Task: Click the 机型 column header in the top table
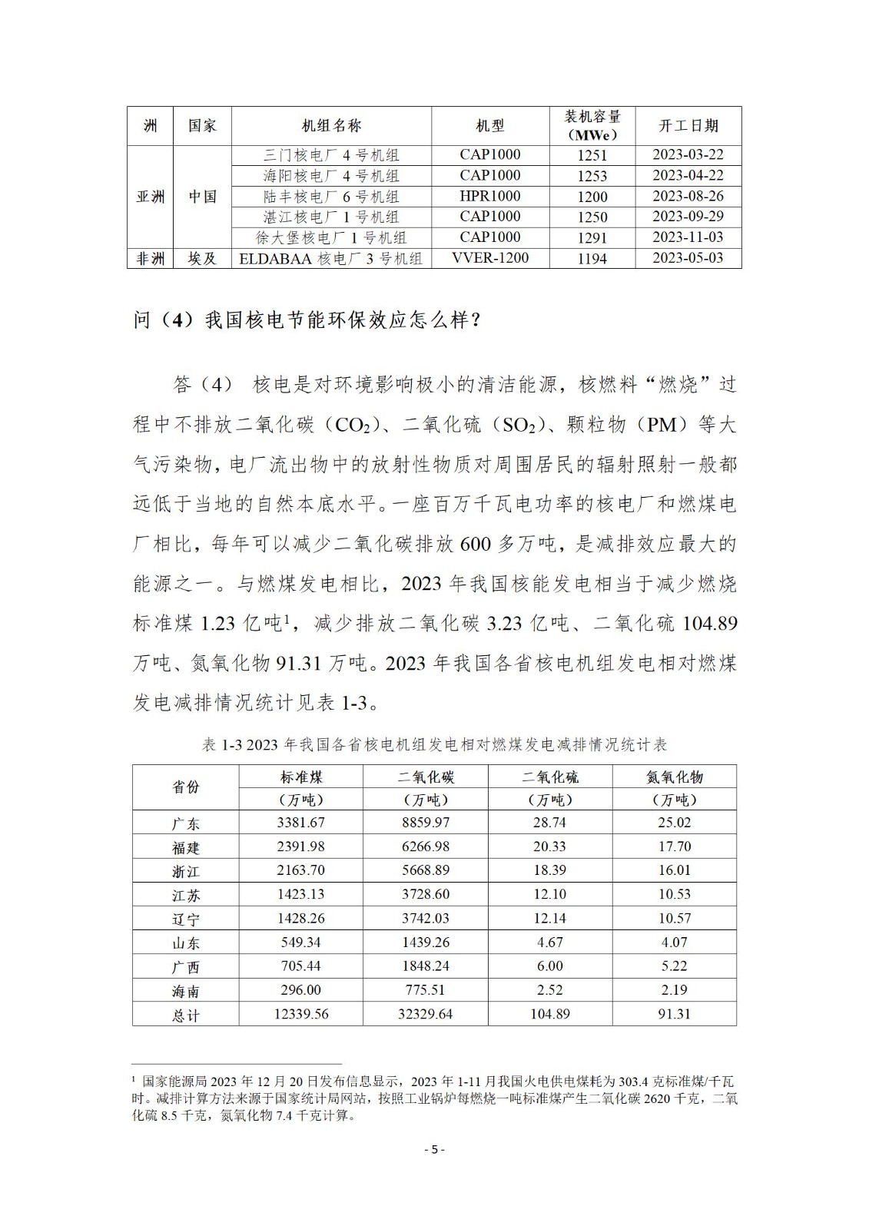(x=490, y=126)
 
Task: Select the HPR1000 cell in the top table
(x=490, y=196)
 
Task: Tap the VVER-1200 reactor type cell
(x=490, y=258)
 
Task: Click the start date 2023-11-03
(x=688, y=237)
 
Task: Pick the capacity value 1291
(x=592, y=238)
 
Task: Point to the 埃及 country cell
(x=202, y=259)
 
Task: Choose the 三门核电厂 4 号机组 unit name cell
(x=331, y=155)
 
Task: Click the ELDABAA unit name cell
(x=331, y=259)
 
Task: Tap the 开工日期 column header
(x=688, y=126)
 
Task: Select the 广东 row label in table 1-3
(x=185, y=823)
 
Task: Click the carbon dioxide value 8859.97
(x=426, y=823)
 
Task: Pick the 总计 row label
(x=185, y=1015)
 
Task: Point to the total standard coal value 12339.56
(x=300, y=1014)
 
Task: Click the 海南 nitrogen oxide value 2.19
(x=674, y=990)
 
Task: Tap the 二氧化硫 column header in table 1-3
(x=550, y=777)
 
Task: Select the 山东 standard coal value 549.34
(x=300, y=942)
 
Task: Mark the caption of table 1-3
(x=434, y=745)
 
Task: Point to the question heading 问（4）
(x=307, y=320)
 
